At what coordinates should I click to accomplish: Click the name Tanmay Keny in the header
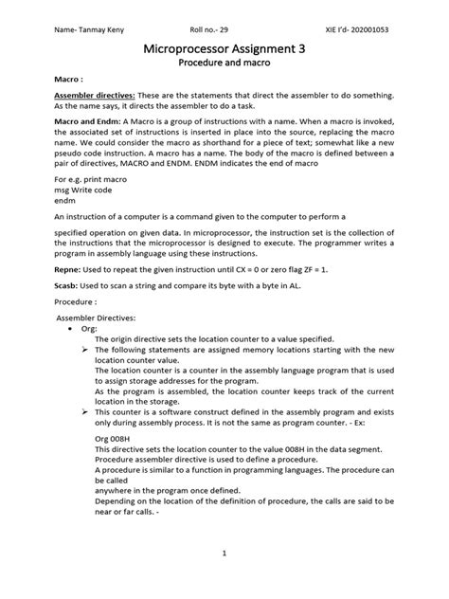tap(90, 28)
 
